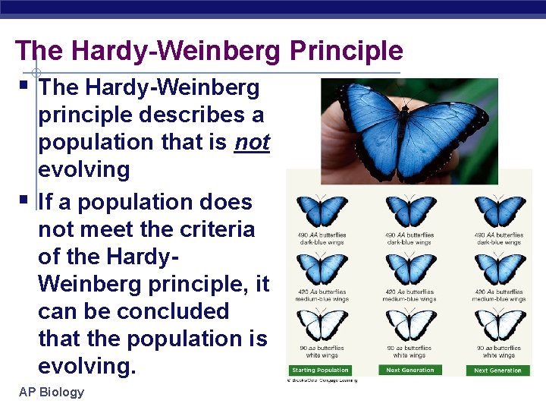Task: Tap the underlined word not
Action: pyautogui.click(x=252, y=143)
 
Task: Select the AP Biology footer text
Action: pyautogui.click(x=51, y=392)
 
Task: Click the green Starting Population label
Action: pyautogui.click(x=321, y=371)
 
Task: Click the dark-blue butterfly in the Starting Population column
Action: pyautogui.click(x=321, y=211)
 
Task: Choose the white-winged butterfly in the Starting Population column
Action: pyautogui.click(x=321, y=325)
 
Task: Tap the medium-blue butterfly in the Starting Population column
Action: pyautogui.click(x=321, y=268)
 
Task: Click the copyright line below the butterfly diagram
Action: pyautogui.click(x=322, y=380)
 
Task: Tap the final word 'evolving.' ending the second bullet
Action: pyautogui.click(x=86, y=367)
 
